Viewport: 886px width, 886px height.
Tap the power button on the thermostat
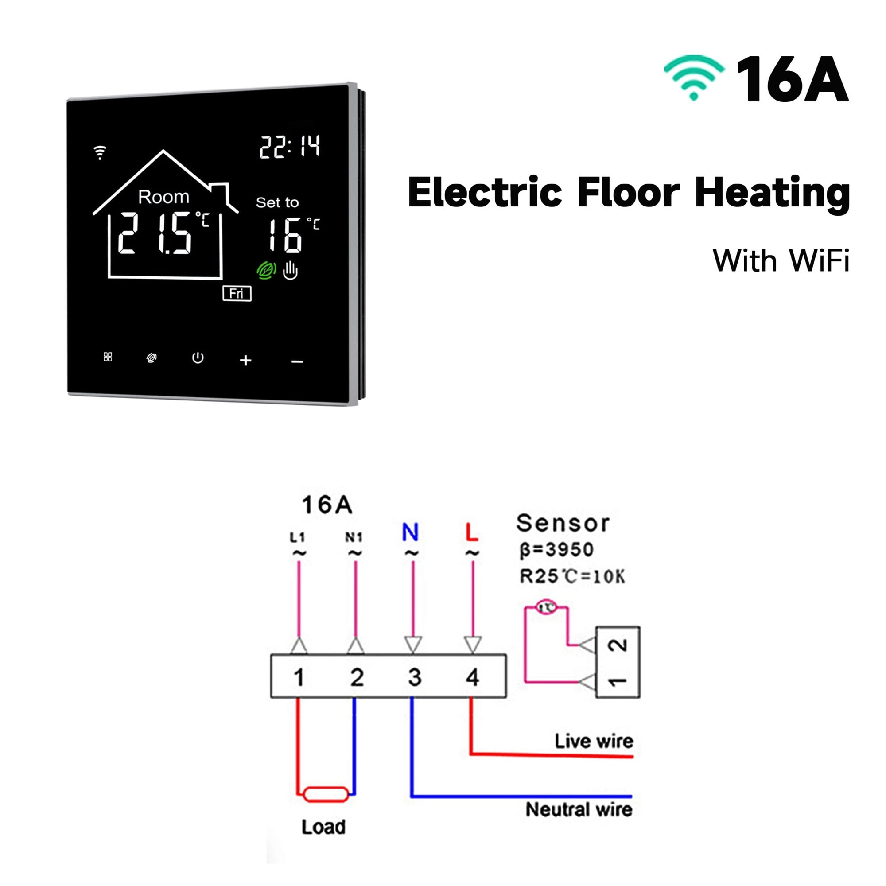pos(198,358)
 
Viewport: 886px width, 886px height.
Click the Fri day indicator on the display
pos(237,294)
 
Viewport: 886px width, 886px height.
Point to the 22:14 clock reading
pos(290,147)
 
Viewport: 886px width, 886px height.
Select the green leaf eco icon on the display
pos(266,271)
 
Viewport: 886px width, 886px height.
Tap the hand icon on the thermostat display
pos(290,271)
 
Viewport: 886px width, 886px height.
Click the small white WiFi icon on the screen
pos(100,153)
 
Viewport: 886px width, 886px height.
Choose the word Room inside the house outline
pos(164,197)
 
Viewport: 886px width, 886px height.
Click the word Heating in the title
pos(772,193)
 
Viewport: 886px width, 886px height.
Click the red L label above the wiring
pos(472,532)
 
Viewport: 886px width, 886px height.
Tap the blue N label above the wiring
pos(411,532)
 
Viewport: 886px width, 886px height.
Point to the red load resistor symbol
pos(326,794)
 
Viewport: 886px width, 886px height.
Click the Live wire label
pos(594,741)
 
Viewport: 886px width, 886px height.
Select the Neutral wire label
pos(579,809)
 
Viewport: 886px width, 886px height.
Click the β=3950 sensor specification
pos(557,549)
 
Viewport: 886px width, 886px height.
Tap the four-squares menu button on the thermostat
pos(108,357)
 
